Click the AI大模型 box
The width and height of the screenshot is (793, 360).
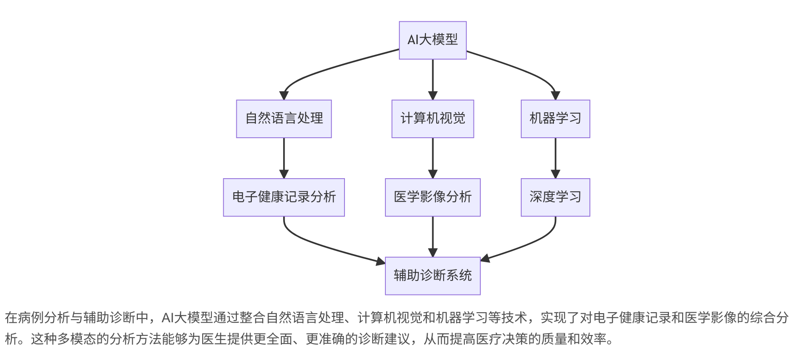coord(433,40)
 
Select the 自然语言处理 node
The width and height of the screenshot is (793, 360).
coord(284,119)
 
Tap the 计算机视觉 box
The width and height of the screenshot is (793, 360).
coord(433,119)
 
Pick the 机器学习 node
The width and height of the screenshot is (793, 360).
coord(555,119)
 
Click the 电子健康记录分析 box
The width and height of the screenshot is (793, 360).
coord(284,197)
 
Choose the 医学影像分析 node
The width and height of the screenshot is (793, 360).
coord(433,197)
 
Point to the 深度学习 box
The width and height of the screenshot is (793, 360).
coord(555,197)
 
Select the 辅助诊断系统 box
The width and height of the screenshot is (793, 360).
coord(433,276)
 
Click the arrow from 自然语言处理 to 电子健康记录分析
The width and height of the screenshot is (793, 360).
coord(284,157)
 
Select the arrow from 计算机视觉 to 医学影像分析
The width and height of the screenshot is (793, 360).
coord(433,157)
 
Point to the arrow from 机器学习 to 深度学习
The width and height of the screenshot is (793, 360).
coord(555,157)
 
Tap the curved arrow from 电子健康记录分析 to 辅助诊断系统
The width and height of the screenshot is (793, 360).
coord(327,248)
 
